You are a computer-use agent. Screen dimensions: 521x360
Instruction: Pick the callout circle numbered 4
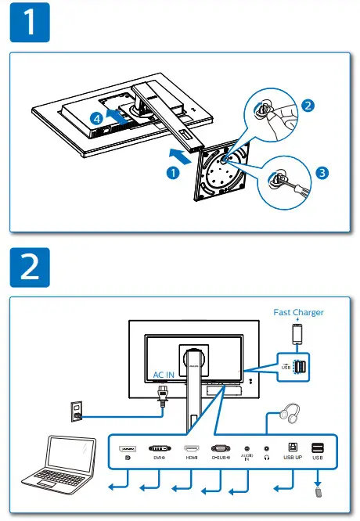95,119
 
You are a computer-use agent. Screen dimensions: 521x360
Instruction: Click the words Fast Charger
298,312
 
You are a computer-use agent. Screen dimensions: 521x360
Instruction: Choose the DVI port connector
159,447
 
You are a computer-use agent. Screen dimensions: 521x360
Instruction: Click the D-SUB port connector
220,447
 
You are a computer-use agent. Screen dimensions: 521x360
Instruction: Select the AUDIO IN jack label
247,459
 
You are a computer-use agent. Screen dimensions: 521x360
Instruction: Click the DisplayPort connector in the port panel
128,448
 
